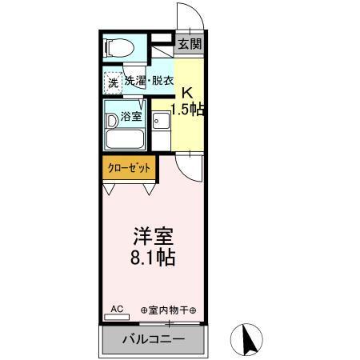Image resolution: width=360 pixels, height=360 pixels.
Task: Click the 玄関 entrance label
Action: tap(189, 45)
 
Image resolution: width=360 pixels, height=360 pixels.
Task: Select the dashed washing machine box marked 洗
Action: tap(112, 82)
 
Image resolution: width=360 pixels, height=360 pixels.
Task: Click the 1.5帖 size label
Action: tap(186, 110)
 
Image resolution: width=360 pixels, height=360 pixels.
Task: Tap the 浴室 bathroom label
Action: tap(131, 117)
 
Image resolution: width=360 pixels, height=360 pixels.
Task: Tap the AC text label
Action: tap(116, 308)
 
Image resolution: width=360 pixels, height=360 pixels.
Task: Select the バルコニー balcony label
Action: tap(154, 339)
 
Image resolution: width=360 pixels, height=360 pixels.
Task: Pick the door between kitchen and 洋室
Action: tap(192, 166)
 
